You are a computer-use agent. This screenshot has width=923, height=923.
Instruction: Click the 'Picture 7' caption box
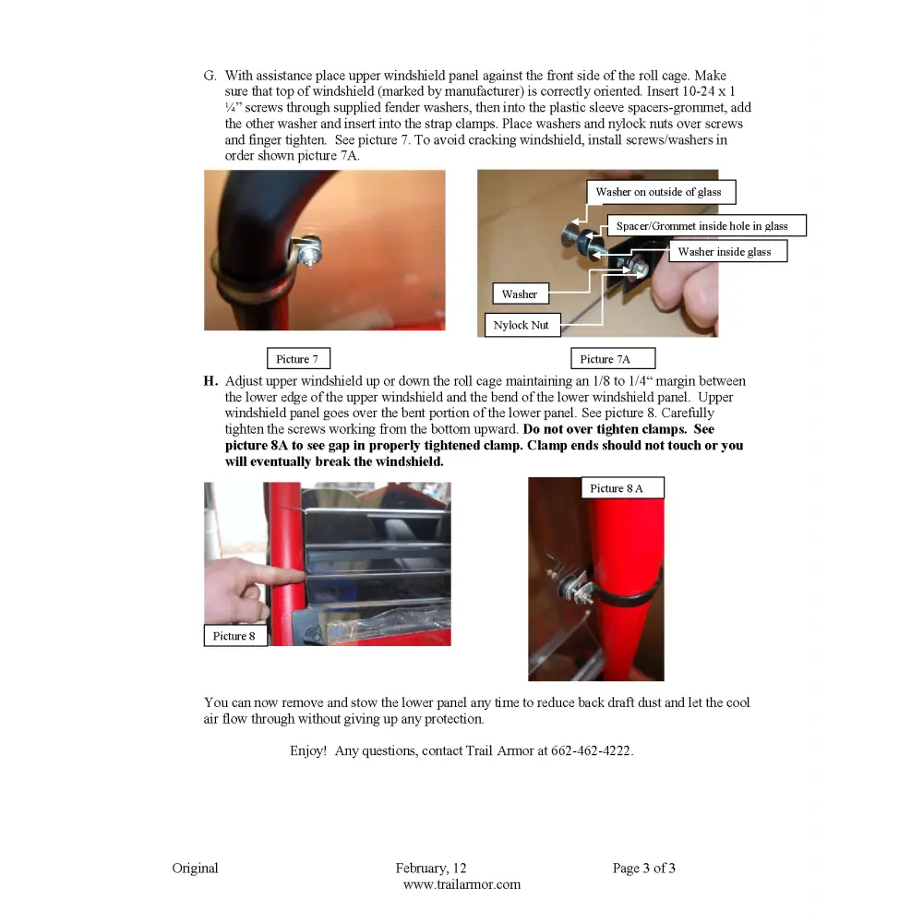[298, 358]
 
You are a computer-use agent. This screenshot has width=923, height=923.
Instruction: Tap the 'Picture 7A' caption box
[613, 358]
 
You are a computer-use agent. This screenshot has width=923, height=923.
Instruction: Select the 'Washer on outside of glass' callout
[661, 192]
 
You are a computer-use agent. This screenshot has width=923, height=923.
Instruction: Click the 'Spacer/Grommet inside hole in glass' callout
[706, 225]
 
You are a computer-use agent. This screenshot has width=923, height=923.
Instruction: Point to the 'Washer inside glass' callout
[728, 251]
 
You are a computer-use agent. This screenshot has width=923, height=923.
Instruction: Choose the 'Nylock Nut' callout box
[522, 325]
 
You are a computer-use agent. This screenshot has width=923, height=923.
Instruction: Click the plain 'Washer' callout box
[521, 294]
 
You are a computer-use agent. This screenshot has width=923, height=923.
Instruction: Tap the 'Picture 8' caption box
[235, 636]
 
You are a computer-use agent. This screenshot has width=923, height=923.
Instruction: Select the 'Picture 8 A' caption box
[623, 488]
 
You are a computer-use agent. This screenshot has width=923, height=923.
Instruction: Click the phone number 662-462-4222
[591, 750]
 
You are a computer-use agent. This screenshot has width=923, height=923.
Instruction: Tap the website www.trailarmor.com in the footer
[462, 884]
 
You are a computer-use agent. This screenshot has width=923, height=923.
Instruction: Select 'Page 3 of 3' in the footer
[644, 868]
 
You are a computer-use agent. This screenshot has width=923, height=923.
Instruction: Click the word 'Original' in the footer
[195, 868]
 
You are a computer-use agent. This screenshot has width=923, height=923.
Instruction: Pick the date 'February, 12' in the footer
[431, 869]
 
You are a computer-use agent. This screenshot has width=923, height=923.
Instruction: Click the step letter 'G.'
[210, 76]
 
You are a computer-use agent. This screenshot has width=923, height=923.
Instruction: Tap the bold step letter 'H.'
[210, 381]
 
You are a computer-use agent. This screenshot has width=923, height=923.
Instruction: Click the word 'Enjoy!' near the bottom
[308, 751]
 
